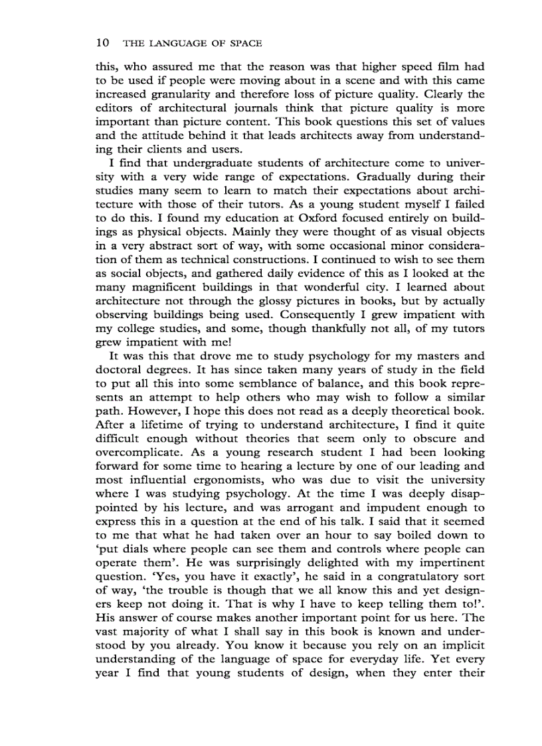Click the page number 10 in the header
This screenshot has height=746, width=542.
(102, 43)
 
